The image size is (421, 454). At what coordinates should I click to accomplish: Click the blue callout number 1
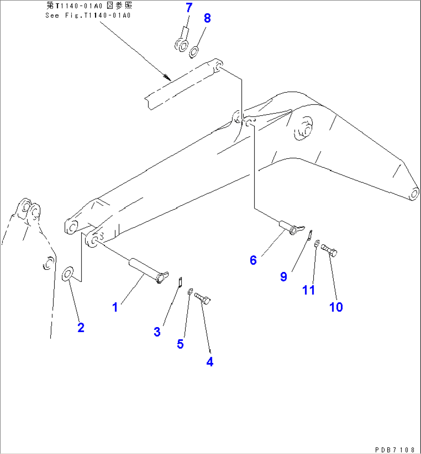point(115,307)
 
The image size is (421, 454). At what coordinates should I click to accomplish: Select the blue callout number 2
point(80,327)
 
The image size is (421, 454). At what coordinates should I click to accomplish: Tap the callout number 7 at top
point(188,7)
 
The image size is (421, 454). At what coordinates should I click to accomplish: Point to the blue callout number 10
point(336,307)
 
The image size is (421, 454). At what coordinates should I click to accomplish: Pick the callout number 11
point(309,290)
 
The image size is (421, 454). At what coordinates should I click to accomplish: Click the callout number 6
point(253,260)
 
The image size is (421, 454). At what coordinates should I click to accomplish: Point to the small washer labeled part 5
point(190,292)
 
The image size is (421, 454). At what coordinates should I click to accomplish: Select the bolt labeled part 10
point(329,250)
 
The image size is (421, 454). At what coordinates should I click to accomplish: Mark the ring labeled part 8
point(194,51)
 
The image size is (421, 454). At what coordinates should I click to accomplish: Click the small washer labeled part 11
point(317,243)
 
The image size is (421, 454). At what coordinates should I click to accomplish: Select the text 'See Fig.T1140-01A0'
point(88,15)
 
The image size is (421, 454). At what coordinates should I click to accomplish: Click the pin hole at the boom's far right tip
point(414,192)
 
